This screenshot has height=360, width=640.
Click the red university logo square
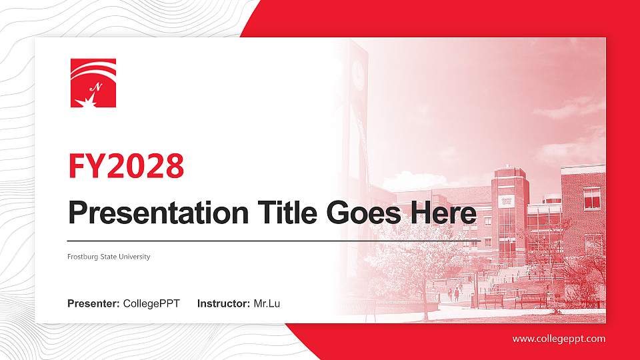(x=93, y=83)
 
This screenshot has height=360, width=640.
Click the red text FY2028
(x=126, y=166)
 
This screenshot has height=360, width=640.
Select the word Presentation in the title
(x=155, y=213)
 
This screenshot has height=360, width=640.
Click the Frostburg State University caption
(x=109, y=257)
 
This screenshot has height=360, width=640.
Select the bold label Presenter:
(x=93, y=304)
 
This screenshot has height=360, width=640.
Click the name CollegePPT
(x=151, y=304)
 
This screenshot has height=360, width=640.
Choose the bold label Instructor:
(x=224, y=304)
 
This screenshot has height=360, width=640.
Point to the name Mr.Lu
(x=267, y=304)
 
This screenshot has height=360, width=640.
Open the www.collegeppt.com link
(x=559, y=339)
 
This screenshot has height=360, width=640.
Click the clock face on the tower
(x=358, y=73)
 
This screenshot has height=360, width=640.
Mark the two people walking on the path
(x=456, y=293)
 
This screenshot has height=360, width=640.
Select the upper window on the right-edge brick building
(x=591, y=198)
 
